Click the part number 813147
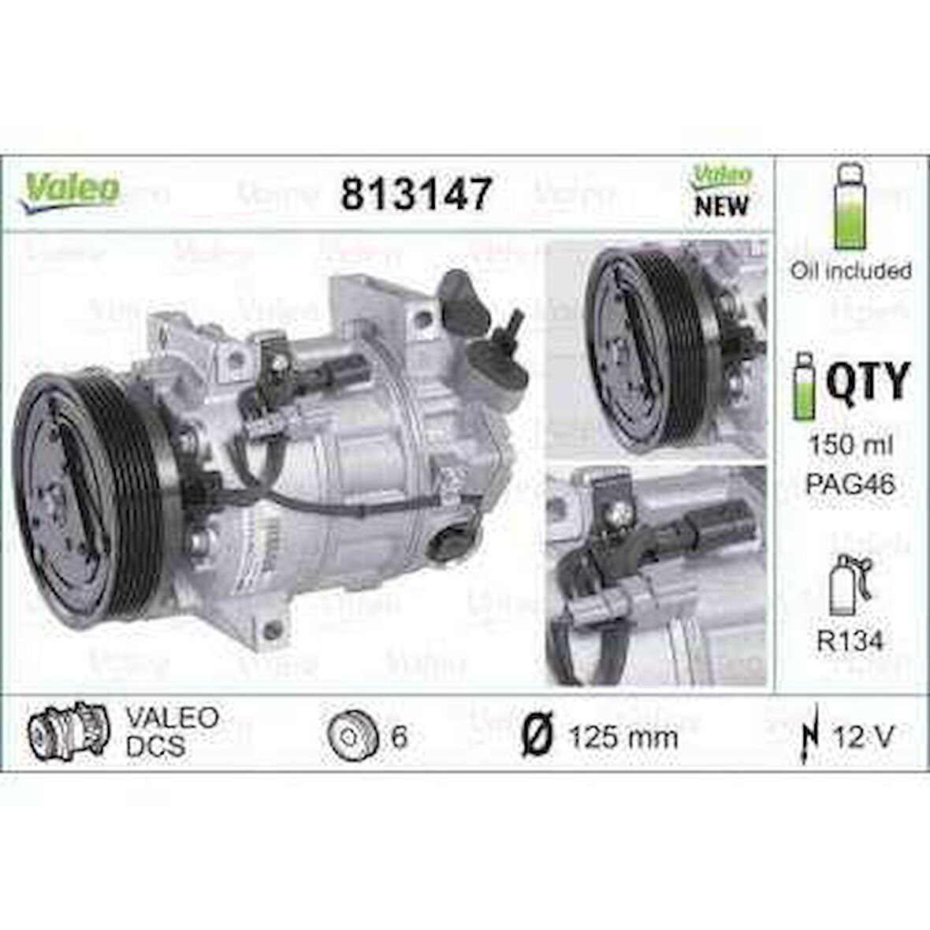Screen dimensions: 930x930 pos(417,193)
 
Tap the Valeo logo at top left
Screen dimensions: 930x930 pos(71,190)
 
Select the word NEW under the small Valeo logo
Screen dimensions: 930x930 pos(721,206)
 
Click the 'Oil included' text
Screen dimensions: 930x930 pos(851,270)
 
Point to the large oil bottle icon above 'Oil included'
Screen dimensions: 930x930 pos(850,206)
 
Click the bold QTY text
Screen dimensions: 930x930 pos(868,381)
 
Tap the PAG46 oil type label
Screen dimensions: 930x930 pos(850,484)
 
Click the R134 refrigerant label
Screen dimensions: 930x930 pos(850,641)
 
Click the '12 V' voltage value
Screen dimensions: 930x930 pos(864,737)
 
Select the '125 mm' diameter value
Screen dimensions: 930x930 pos(623,738)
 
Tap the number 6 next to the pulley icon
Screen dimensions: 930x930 pos(399,738)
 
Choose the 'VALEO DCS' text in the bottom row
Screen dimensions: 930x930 pos(172,731)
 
